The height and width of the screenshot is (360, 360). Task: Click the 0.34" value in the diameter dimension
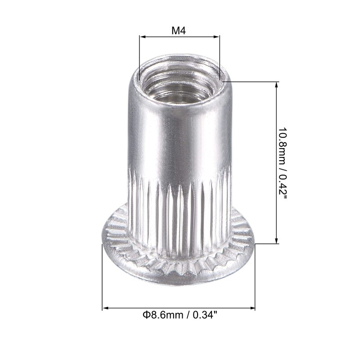(205, 315)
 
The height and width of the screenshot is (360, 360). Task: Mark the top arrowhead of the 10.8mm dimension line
(275, 84)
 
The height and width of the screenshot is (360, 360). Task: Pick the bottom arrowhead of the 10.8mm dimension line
(275, 241)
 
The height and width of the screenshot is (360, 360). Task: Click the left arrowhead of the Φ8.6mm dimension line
(105, 308)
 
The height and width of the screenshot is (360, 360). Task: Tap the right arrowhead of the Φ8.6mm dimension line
(252, 308)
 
